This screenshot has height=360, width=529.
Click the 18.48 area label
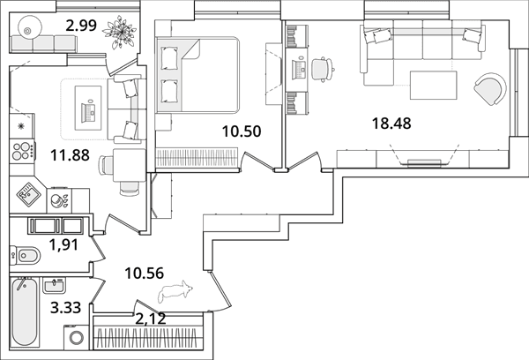tap(391, 124)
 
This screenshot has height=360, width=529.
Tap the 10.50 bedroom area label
tap(242, 131)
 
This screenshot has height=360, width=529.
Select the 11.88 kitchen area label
tap(70, 155)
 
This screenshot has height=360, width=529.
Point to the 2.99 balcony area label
tap(81, 26)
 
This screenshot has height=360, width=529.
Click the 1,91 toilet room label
tap(63, 244)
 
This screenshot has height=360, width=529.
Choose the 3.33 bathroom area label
tap(65, 308)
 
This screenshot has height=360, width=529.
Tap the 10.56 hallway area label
tap(144, 274)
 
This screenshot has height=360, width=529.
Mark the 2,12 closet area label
tap(151, 319)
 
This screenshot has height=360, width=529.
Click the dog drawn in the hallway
tap(175, 289)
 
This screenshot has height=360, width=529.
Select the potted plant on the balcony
tap(120, 32)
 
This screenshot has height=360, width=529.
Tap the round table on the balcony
tap(27, 31)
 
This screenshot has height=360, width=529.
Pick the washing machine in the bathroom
tap(76, 337)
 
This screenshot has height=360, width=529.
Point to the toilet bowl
tap(25, 255)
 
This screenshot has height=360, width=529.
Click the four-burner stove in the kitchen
tap(22, 151)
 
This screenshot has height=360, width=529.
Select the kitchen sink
tap(29, 195)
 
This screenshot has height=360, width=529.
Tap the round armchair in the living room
tap(489, 90)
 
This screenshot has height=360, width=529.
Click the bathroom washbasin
tap(55, 286)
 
